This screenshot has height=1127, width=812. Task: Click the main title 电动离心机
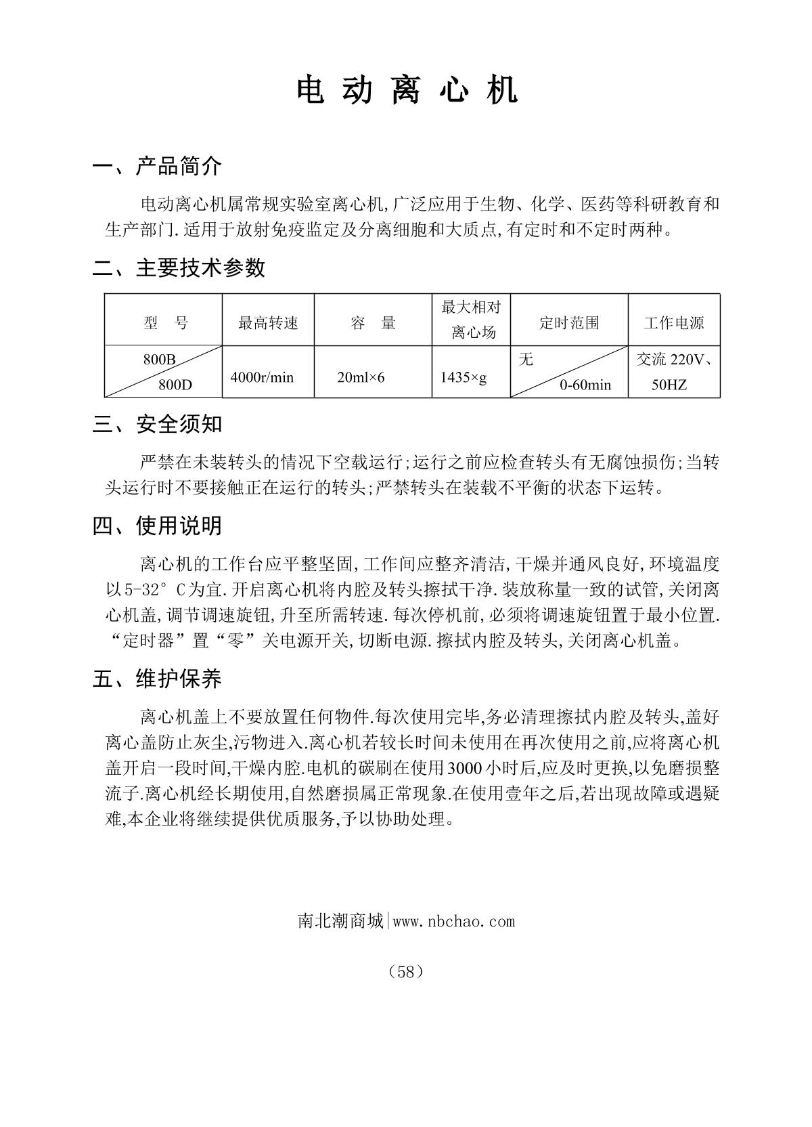pos(407,90)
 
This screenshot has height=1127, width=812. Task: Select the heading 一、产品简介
pos(158,166)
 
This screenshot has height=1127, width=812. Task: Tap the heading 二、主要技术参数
pos(179,268)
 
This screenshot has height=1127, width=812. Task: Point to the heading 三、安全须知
pos(158,425)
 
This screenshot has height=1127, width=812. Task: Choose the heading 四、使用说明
pos(158,526)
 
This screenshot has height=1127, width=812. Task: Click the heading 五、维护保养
pos(158,679)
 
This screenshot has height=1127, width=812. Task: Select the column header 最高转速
pos(268,323)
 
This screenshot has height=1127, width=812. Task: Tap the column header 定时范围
pos(569,323)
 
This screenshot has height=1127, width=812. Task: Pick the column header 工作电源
pos(674,323)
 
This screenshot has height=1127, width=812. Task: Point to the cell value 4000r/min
pos(262,377)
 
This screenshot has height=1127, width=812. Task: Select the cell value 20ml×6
pos(361,377)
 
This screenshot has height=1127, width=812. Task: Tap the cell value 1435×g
pos(464,377)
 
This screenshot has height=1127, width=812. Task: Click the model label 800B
pos(159,360)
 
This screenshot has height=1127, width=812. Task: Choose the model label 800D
pos(175,385)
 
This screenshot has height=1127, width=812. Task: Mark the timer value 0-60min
pos(585,385)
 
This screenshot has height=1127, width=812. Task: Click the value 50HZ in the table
pos(669,385)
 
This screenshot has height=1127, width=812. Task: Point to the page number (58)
pos(406,972)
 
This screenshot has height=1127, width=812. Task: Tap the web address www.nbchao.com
pos(453,921)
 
